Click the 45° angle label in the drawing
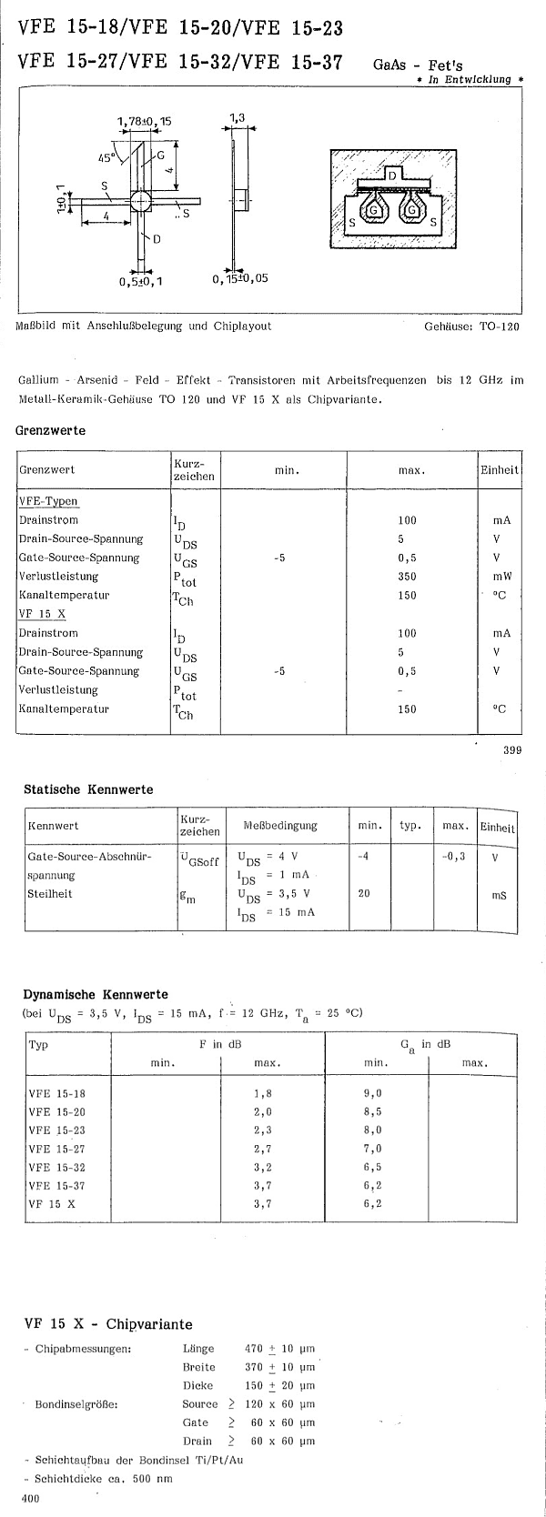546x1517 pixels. click(x=107, y=157)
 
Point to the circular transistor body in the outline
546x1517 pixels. click(x=141, y=201)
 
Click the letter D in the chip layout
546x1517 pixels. click(x=391, y=174)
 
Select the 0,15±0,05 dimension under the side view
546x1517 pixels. click(x=240, y=279)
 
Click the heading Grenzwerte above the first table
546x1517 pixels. click(x=51, y=430)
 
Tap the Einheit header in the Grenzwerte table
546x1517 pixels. click(x=500, y=470)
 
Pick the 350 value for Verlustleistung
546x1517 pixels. click(x=407, y=576)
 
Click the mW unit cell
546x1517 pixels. click(x=501, y=576)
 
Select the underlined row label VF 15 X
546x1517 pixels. click(x=35, y=614)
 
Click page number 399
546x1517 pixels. click(x=511, y=750)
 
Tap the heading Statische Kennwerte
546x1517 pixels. click(x=88, y=789)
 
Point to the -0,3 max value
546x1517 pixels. click(x=453, y=856)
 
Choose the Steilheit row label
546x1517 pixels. click(x=50, y=893)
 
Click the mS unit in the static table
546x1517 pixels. click(x=499, y=895)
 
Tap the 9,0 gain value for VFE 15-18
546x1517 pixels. click(x=372, y=1094)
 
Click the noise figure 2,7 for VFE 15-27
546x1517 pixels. click(x=263, y=1149)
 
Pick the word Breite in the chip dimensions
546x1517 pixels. click(x=198, y=1367)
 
